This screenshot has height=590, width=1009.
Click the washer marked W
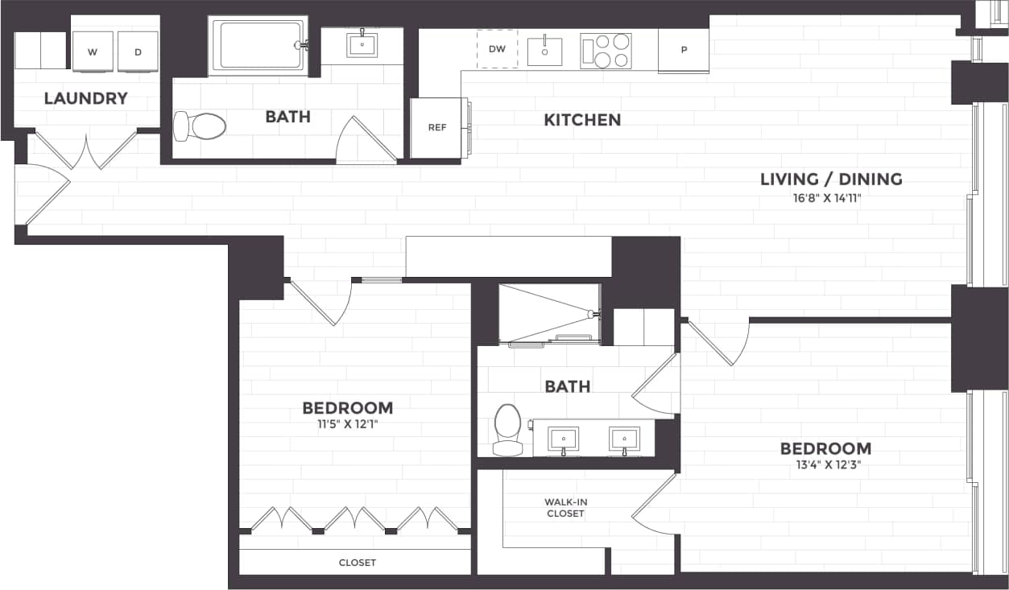point(93,52)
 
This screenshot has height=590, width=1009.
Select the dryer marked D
point(138,52)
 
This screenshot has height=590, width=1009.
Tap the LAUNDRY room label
point(85,98)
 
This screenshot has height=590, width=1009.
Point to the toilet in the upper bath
point(201,126)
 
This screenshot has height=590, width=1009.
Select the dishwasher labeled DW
point(497,49)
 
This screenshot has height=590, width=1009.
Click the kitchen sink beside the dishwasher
point(544,51)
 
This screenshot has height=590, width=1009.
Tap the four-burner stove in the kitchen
point(606,51)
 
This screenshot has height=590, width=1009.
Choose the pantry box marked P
point(684,50)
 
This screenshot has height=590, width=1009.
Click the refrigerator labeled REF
point(436,128)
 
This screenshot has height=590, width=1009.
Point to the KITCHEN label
point(582,120)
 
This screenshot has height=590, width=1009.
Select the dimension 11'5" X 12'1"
point(347,423)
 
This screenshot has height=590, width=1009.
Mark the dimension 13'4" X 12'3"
point(825,464)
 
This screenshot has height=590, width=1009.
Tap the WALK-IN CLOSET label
point(566,508)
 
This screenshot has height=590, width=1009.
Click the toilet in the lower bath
point(507,430)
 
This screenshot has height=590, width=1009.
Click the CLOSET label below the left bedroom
point(357,563)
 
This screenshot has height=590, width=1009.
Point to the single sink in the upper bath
point(362,45)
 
